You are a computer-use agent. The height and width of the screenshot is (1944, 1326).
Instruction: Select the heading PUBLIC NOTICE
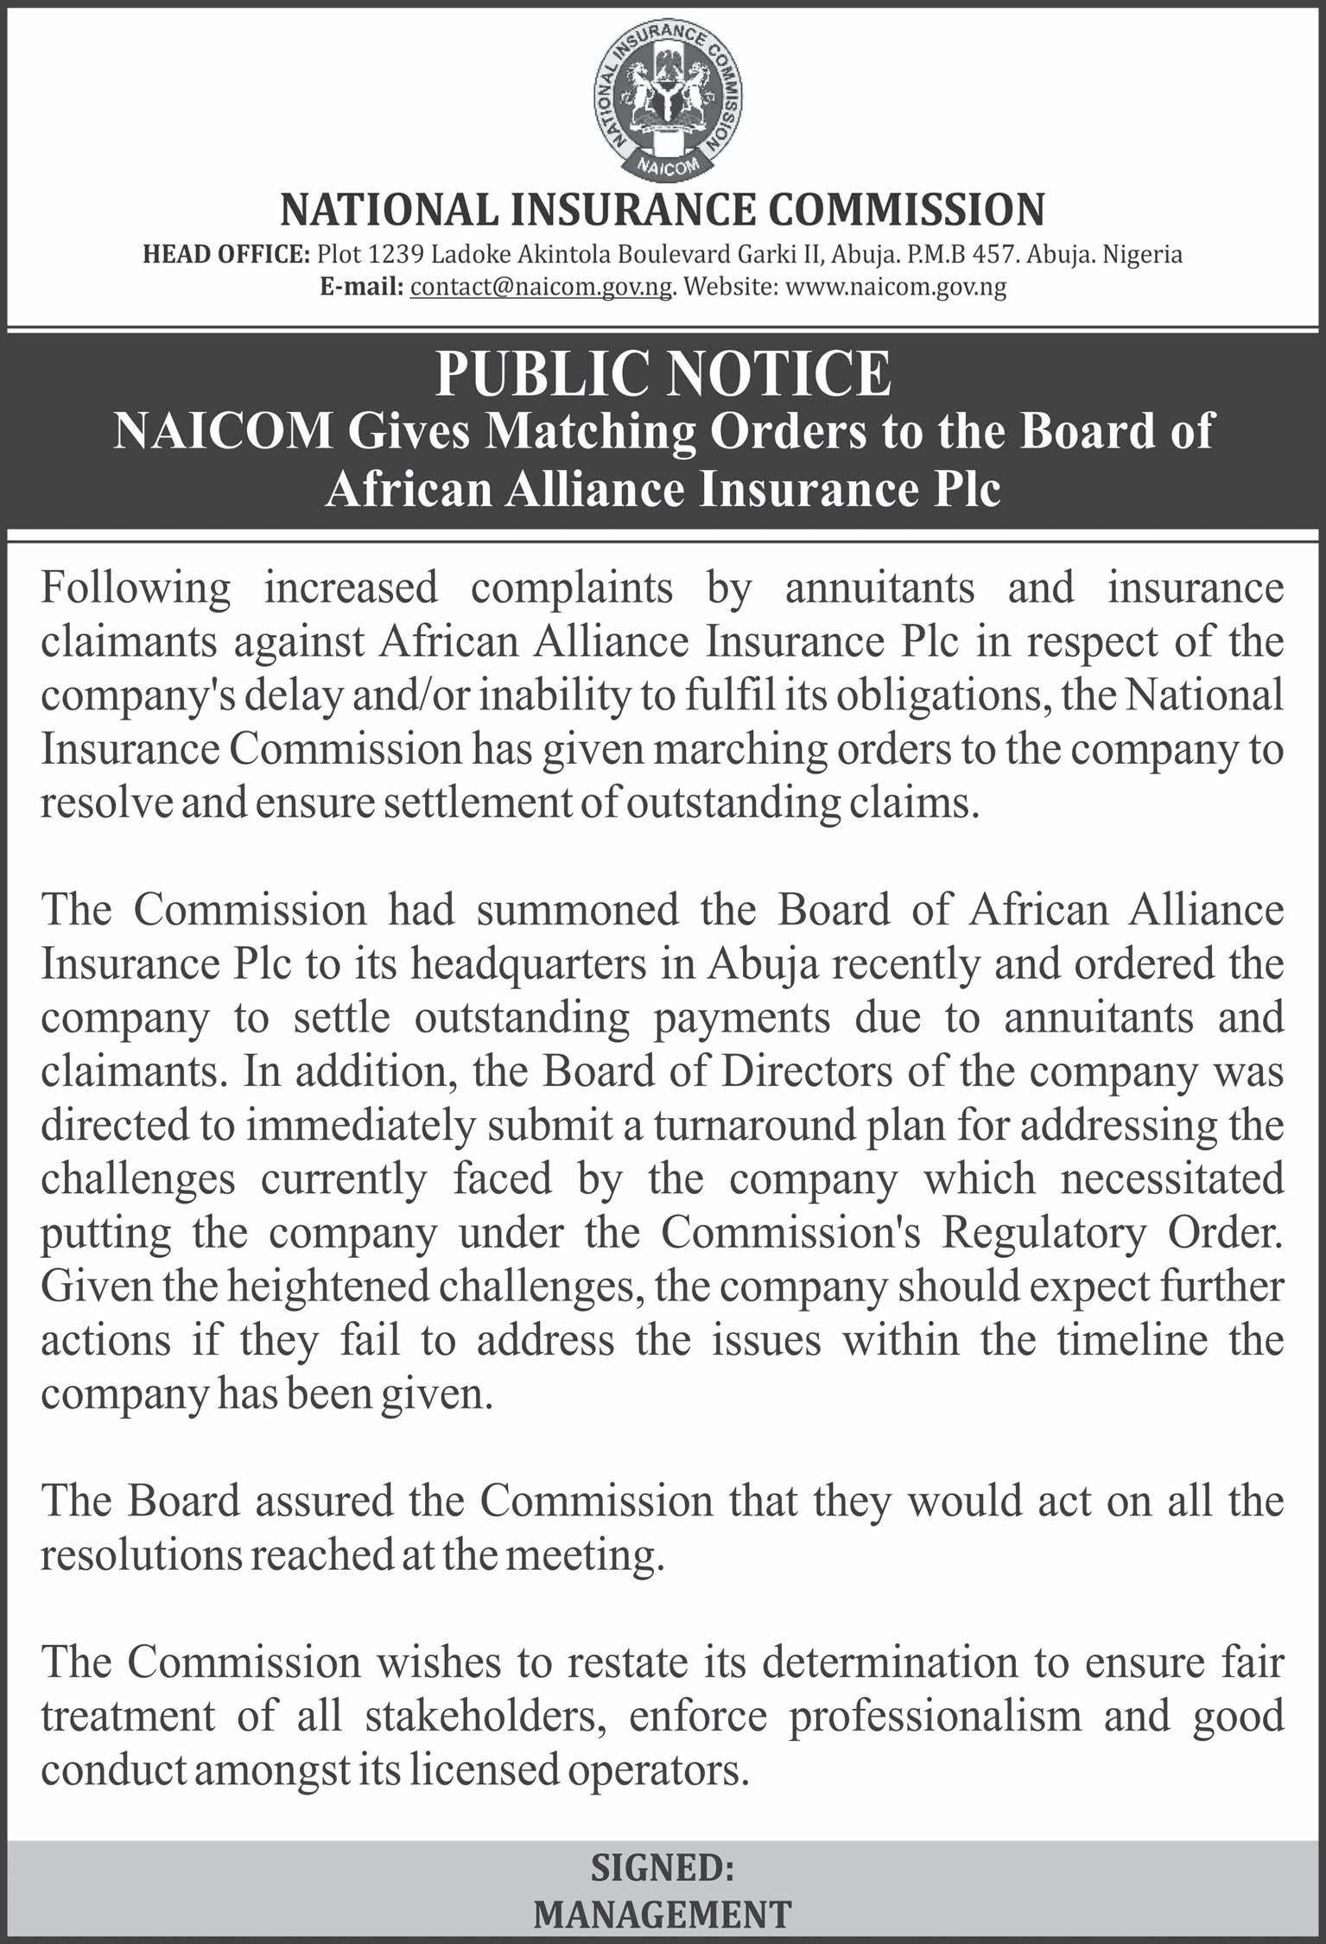pos(663,375)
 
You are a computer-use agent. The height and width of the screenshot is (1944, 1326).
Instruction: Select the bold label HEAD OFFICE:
pos(225,255)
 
